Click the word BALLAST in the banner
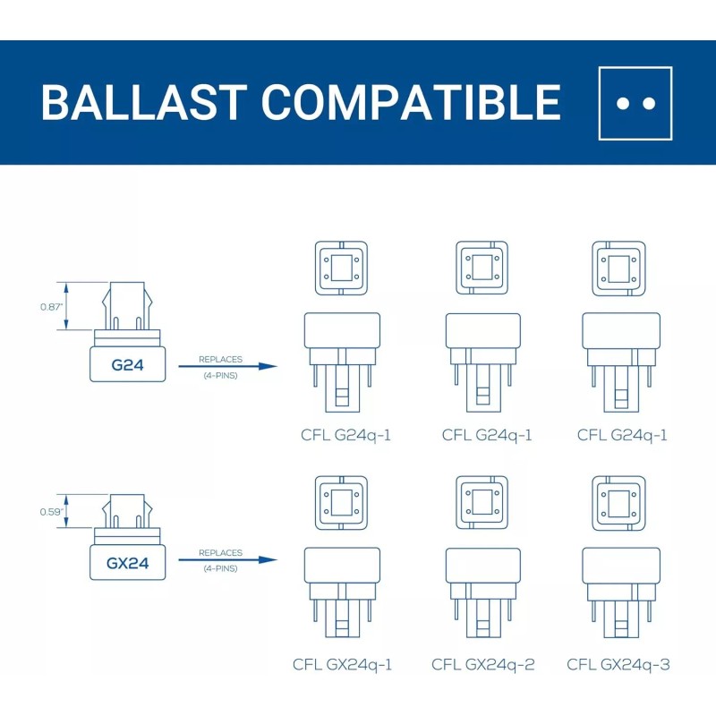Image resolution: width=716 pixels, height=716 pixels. [x=144, y=102]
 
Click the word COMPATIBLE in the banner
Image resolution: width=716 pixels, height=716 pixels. [x=411, y=102]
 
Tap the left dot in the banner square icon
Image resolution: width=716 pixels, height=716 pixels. [x=621, y=104]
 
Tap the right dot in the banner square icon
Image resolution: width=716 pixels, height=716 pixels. [x=649, y=104]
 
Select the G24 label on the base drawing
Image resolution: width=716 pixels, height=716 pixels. [x=127, y=365]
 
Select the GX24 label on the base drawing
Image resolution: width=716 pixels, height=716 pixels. [x=127, y=563]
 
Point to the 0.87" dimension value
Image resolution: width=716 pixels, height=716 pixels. [x=51, y=307]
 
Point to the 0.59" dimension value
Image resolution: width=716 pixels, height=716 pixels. [x=51, y=512]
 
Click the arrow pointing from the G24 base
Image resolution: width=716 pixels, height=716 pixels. [x=227, y=366]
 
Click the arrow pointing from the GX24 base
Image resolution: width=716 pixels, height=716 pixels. [x=227, y=560]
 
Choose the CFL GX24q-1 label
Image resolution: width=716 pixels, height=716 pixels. [x=343, y=664]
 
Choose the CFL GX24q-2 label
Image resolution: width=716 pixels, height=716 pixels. [x=483, y=664]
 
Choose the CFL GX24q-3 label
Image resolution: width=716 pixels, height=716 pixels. [x=618, y=664]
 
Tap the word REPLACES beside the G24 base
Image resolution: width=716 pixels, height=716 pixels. [x=220, y=360]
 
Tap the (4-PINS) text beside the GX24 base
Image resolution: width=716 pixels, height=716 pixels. [x=220, y=568]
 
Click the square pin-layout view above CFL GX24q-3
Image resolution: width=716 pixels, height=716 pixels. [x=618, y=503]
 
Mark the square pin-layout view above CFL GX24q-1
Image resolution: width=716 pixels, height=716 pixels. [x=342, y=503]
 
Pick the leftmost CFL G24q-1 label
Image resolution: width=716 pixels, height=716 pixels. [x=346, y=435]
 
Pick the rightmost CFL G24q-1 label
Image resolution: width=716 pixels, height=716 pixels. [x=622, y=435]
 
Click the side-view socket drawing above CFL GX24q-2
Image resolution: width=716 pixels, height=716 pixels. [x=483, y=592]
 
